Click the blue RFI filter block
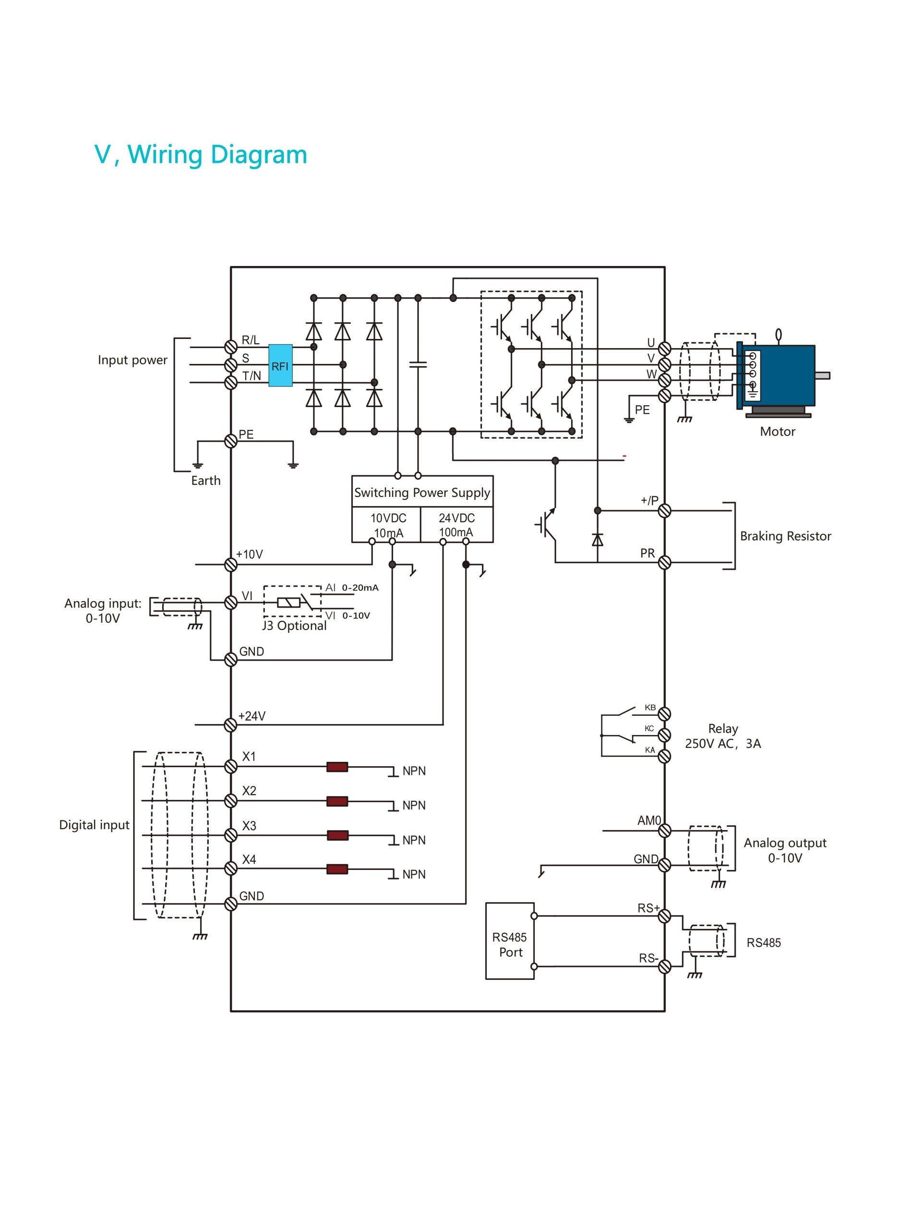(x=280, y=365)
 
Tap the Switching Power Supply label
(x=422, y=493)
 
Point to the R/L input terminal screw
(x=231, y=347)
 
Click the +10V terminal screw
(x=231, y=565)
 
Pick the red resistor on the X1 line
(x=337, y=767)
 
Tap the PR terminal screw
(x=664, y=562)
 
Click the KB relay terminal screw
(x=664, y=713)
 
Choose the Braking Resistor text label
(x=785, y=536)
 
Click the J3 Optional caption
(x=294, y=626)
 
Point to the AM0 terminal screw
(x=664, y=831)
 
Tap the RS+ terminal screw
(x=664, y=916)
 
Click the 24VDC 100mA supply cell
(x=456, y=525)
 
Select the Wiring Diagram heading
(x=201, y=155)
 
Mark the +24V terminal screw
(x=231, y=724)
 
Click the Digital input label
(x=94, y=825)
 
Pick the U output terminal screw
(x=664, y=349)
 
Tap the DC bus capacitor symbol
(x=418, y=364)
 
